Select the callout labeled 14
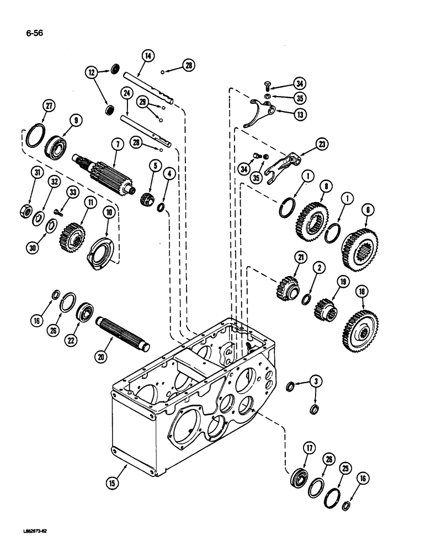point(148,55)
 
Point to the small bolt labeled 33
point(58,211)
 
